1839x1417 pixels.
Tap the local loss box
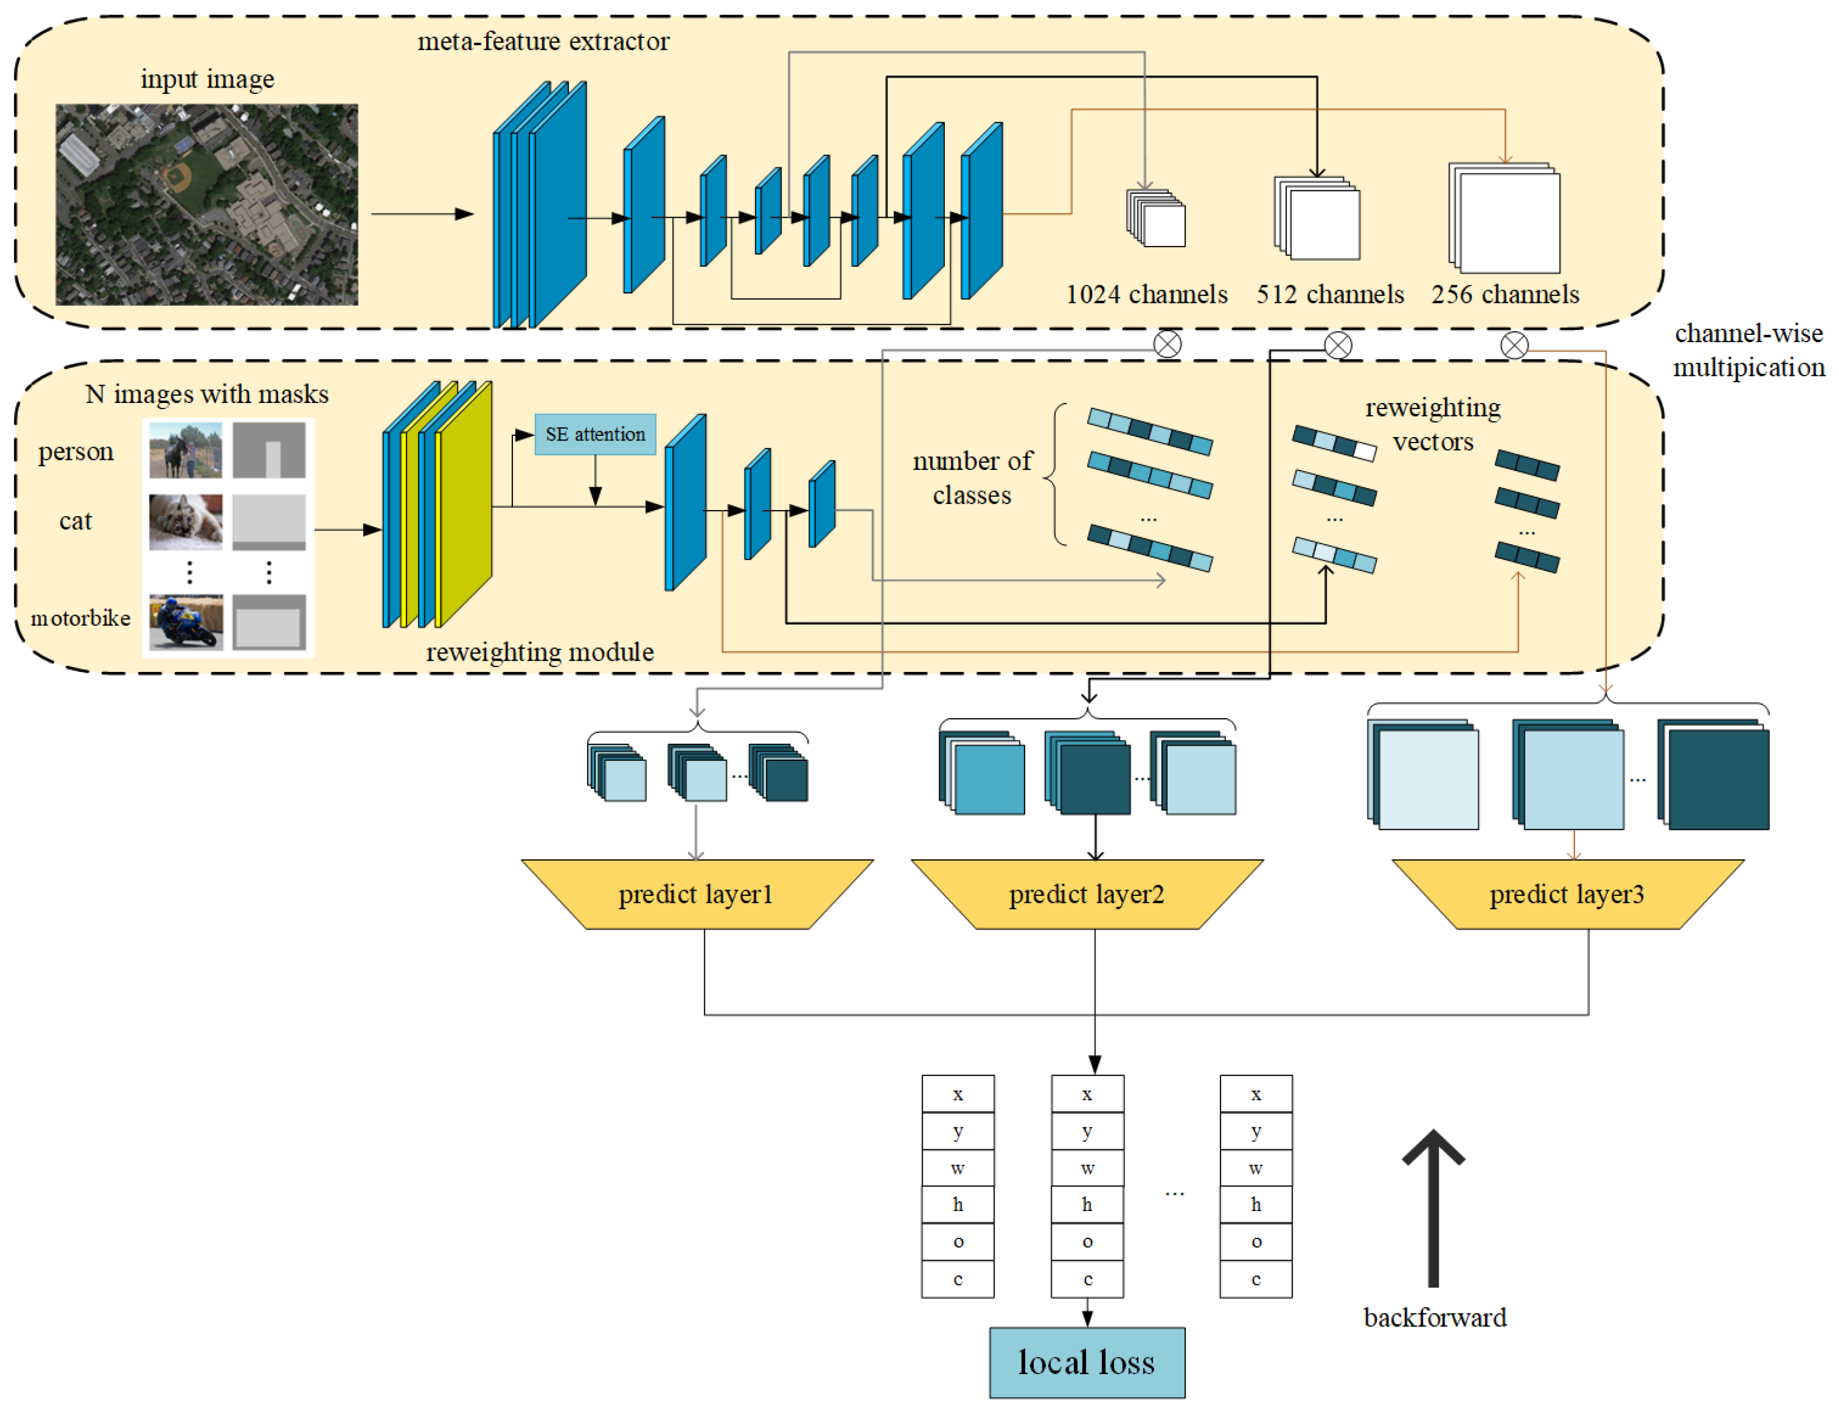(1086, 1362)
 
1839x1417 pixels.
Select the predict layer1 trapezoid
(697, 894)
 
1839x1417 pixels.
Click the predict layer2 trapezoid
(1086, 894)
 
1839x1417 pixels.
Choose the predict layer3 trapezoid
(1566, 894)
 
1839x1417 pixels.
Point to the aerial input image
(207, 205)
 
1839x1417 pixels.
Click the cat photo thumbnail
(185, 522)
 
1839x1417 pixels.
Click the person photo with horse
(185, 450)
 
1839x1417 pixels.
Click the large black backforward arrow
(1433, 1208)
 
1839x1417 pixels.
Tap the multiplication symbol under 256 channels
(1514, 345)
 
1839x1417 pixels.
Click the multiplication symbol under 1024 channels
(1167, 344)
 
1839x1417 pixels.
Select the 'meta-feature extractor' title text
(543, 41)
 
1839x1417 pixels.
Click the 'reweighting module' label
(540, 652)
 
